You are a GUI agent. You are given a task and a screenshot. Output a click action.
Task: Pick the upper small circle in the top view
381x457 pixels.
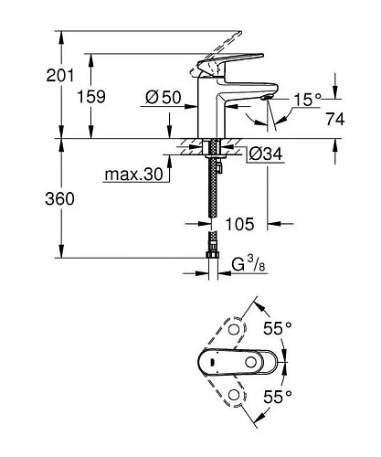[235, 327]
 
